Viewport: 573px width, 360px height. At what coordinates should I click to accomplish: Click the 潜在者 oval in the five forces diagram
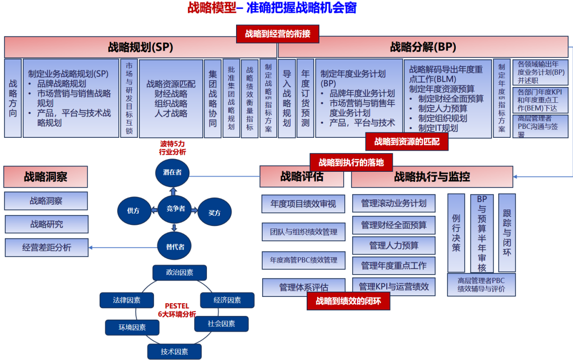(172, 173)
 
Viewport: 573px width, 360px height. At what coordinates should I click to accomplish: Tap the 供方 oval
(133, 211)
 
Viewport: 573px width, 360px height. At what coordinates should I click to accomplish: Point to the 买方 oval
(214, 213)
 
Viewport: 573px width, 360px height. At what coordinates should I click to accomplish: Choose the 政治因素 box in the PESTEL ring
(179, 273)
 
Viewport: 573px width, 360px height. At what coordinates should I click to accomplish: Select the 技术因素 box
(175, 351)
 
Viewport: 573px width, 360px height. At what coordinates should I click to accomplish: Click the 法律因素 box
(127, 300)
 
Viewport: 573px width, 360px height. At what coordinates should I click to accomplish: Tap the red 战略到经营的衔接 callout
(281, 34)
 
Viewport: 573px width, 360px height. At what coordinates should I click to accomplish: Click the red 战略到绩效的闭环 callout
(348, 301)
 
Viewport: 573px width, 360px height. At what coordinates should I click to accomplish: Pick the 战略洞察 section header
(45, 177)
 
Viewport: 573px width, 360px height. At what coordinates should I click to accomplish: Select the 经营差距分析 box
(47, 247)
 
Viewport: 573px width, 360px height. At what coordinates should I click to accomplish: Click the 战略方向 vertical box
(13, 98)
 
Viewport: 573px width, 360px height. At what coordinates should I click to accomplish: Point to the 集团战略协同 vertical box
(213, 98)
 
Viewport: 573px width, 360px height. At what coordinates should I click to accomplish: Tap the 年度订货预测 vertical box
(306, 98)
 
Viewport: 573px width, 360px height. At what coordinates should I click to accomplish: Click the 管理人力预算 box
(394, 245)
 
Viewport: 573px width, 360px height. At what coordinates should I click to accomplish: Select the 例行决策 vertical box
(456, 233)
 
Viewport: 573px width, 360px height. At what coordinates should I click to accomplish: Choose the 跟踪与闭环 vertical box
(507, 233)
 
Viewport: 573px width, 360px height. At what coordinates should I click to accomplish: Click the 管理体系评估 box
(303, 287)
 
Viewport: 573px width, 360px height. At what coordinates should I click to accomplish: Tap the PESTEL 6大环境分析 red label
(177, 310)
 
